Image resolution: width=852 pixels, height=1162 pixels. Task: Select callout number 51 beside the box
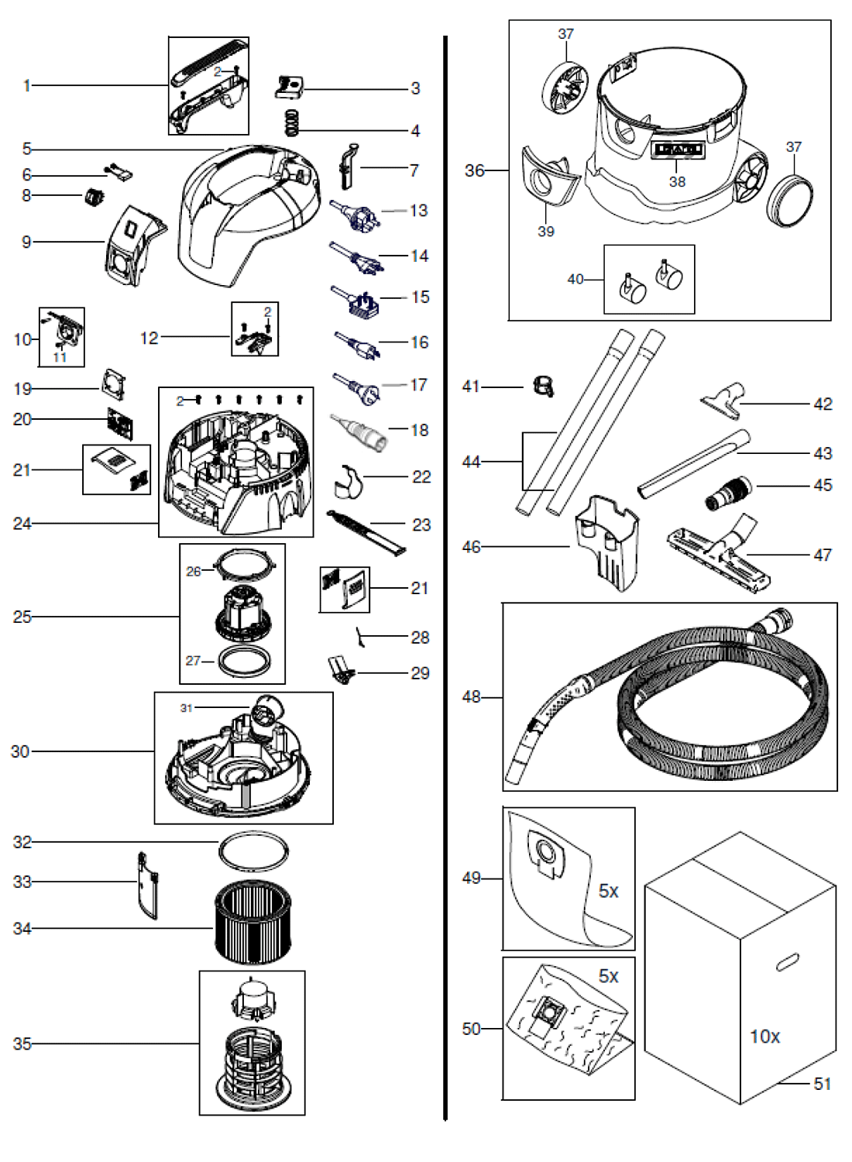click(x=822, y=1084)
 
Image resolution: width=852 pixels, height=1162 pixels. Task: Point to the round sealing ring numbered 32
click(x=253, y=853)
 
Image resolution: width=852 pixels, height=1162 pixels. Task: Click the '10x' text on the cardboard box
click(x=764, y=1036)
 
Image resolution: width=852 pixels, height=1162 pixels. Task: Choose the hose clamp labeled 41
click(x=543, y=385)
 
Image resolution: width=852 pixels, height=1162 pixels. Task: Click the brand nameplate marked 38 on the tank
click(x=678, y=150)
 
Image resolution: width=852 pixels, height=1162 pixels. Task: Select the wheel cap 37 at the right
click(x=790, y=200)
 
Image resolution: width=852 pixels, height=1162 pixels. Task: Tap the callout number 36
click(x=474, y=170)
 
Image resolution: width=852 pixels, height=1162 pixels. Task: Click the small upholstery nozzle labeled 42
click(x=723, y=396)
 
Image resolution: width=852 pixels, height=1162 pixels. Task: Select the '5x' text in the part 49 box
click(x=608, y=891)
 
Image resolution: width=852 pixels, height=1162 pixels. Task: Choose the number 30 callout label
click(x=20, y=751)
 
